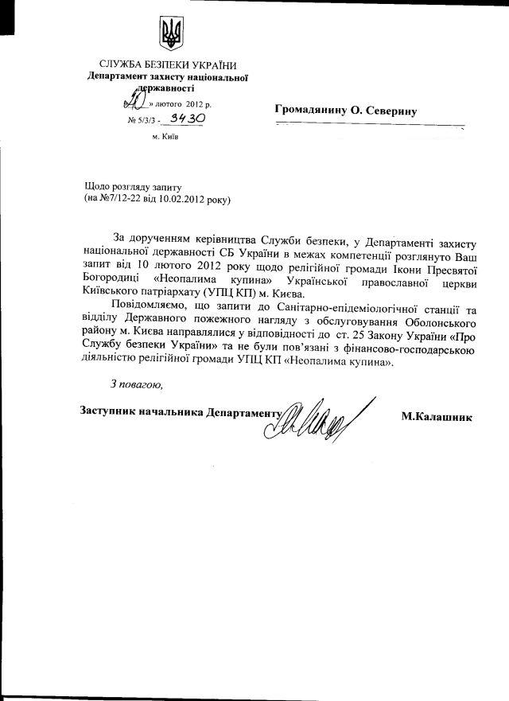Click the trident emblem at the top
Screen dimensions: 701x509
170,36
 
